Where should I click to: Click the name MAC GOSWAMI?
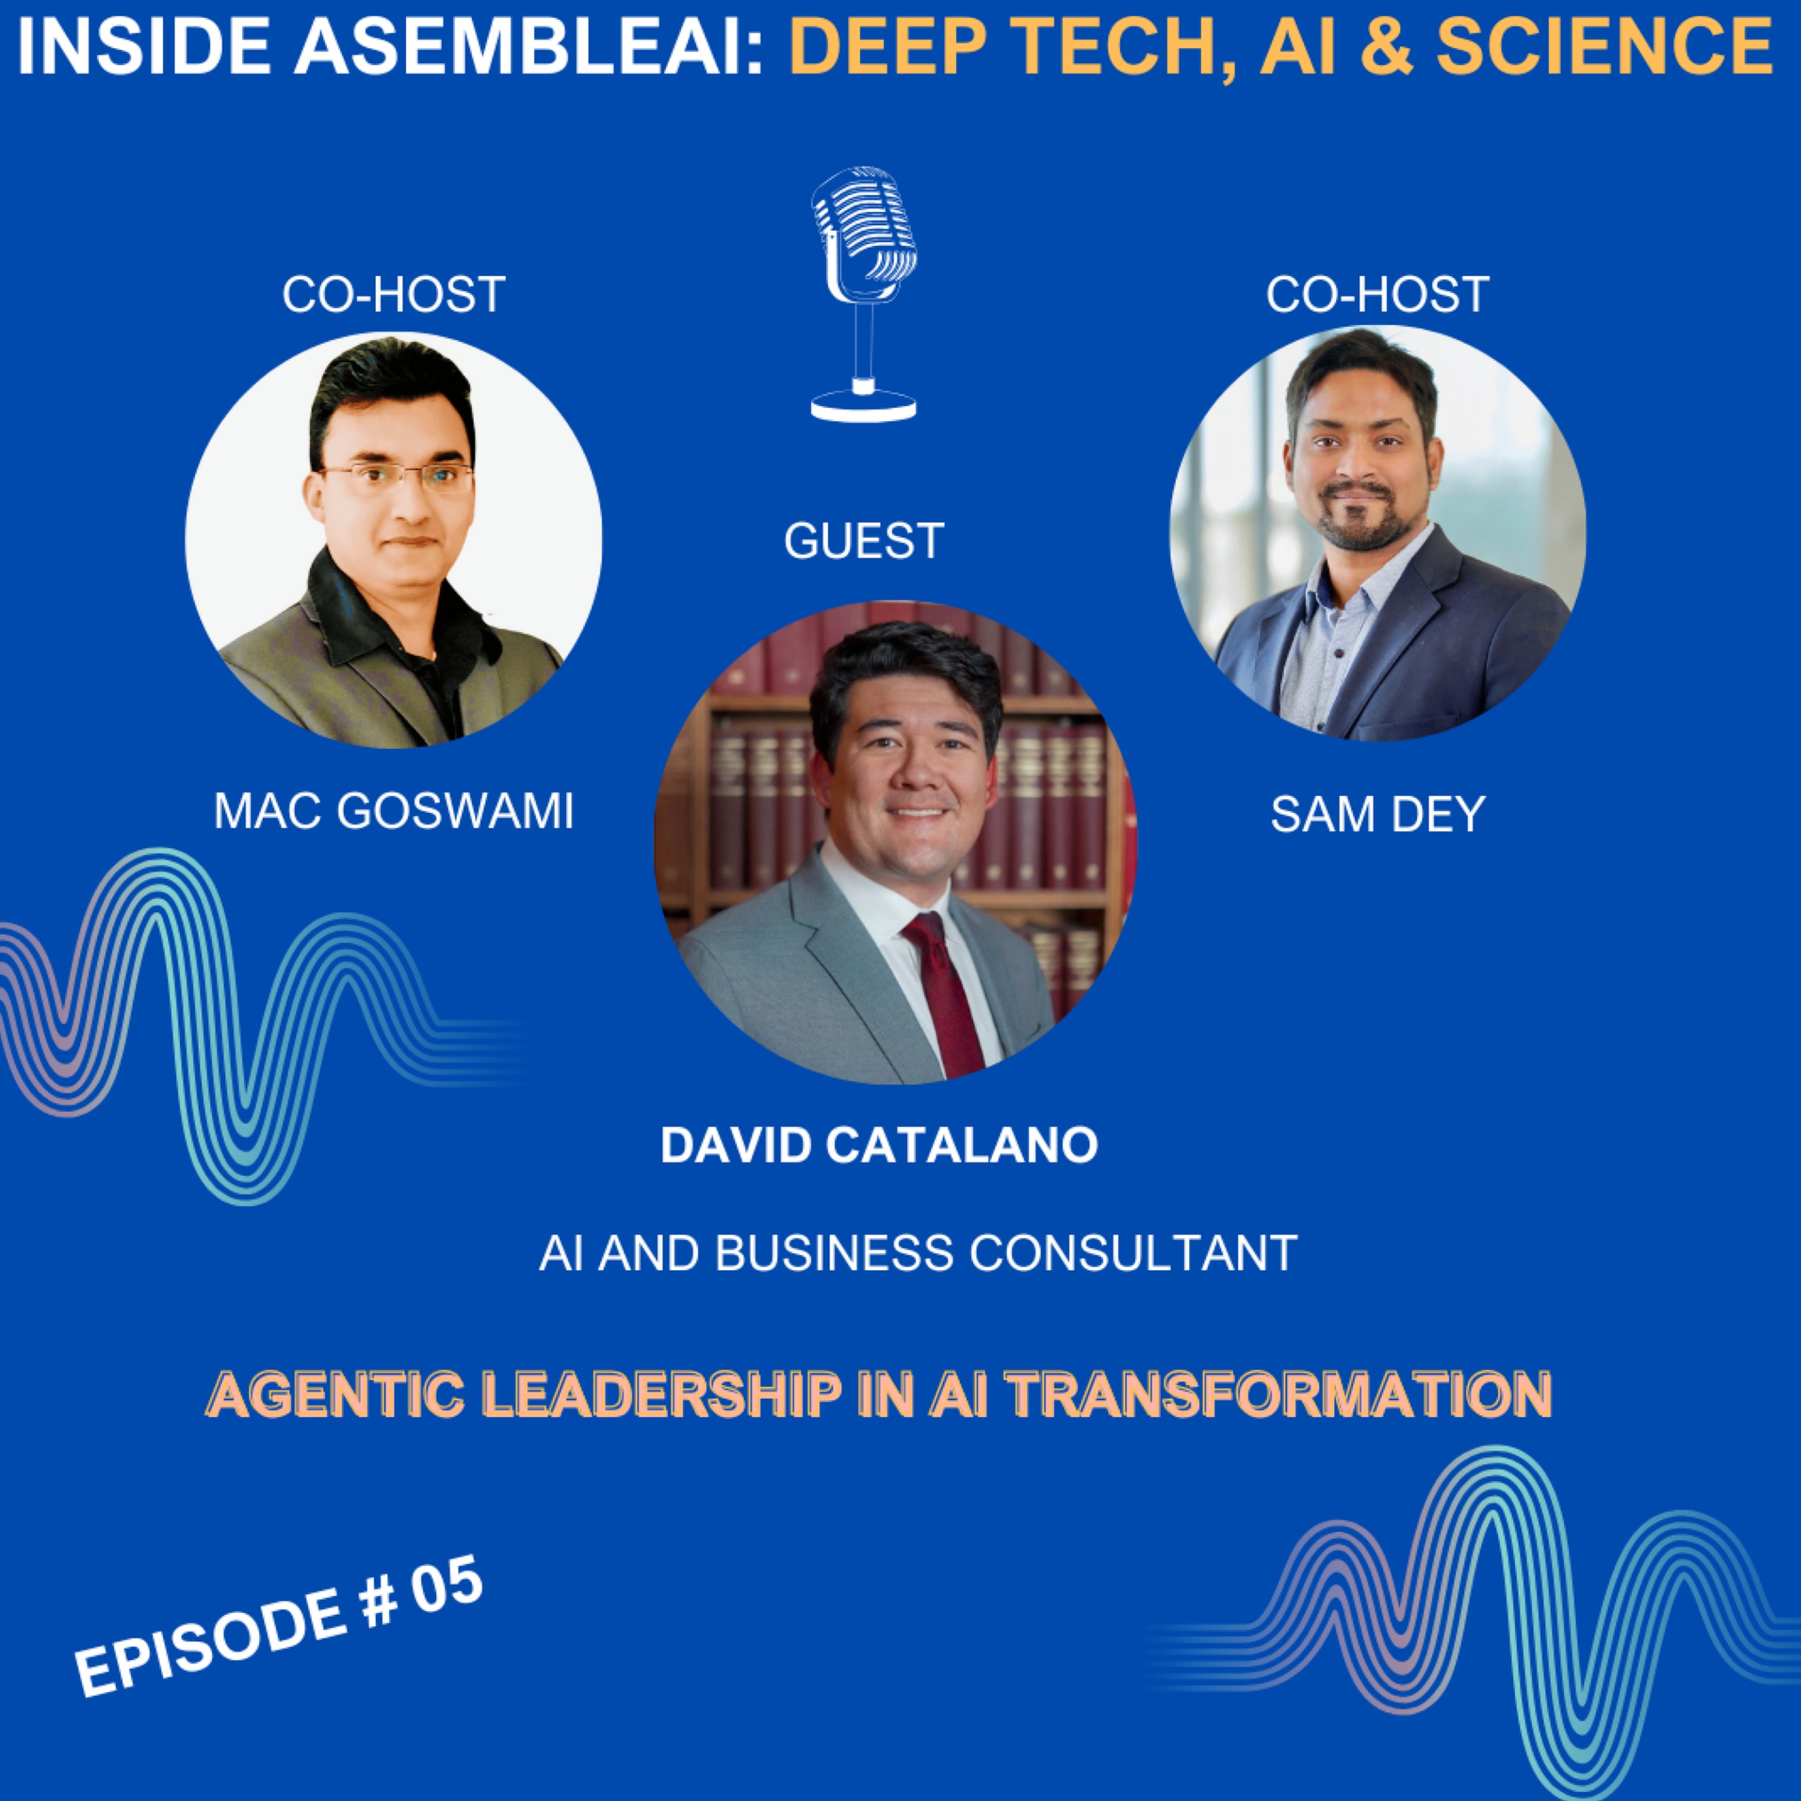pyautogui.click(x=393, y=812)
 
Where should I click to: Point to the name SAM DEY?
pyautogui.click(x=1377, y=815)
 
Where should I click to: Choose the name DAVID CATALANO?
pyautogui.click(x=879, y=1145)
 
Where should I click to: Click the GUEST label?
pyautogui.click(x=864, y=541)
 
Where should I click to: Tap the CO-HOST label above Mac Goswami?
pyautogui.click(x=393, y=295)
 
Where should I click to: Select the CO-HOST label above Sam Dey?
pyautogui.click(x=1377, y=295)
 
